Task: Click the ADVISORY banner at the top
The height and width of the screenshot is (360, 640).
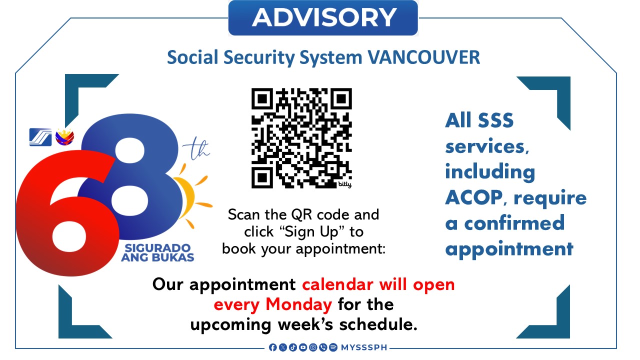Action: click(x=323, y=17)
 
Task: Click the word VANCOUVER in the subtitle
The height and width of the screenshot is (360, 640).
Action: click(x=423, y=57)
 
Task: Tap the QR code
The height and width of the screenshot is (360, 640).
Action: click(x=301, y=138)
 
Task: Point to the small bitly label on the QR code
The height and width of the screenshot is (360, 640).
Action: click(x=344, y=184)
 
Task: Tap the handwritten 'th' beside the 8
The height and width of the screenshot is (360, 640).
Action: click(x=196, y=149)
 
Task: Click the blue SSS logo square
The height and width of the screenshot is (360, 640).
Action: click(x=40, y=137)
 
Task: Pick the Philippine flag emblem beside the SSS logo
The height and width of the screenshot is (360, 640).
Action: click(x=65, y=137)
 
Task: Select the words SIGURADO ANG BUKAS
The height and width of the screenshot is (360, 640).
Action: click(x=157, y=252)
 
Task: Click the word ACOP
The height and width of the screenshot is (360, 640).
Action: click(x=474, y=197)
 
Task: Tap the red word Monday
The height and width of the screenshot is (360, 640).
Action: click(x=298, y=304)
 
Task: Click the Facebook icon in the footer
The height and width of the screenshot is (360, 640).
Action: click(x=273, y=347)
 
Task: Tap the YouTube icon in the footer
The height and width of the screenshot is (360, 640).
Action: click(x=303, y=347)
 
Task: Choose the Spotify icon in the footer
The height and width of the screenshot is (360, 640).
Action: click(x=333, y=347)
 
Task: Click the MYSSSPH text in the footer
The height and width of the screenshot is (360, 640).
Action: click(x=364, y=347)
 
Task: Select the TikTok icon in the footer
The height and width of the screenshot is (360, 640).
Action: click(x=293, y=347)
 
